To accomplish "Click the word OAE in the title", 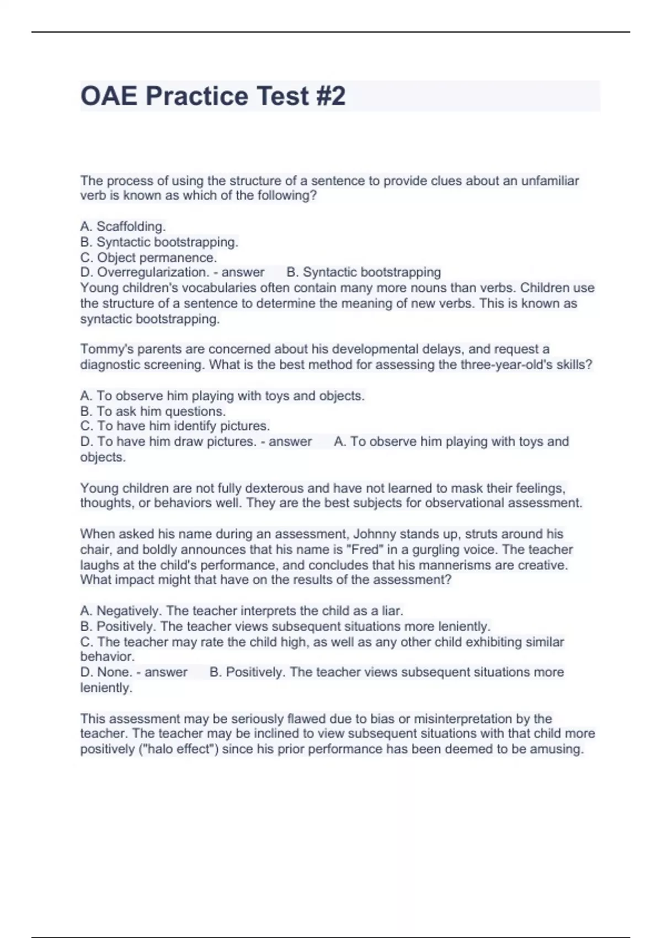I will pyautogui.click(x=109, y=96).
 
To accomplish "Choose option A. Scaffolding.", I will pyautogui.click(x=123, y=227).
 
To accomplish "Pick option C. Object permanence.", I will pyautogui.click(x=148, y=258).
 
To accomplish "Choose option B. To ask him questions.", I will pyautogui.click(x=153, y=411).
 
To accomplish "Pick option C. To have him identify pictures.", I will pyautogui.click(x=175, y=426).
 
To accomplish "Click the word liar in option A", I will pyautogui.click(x=392, y=611).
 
